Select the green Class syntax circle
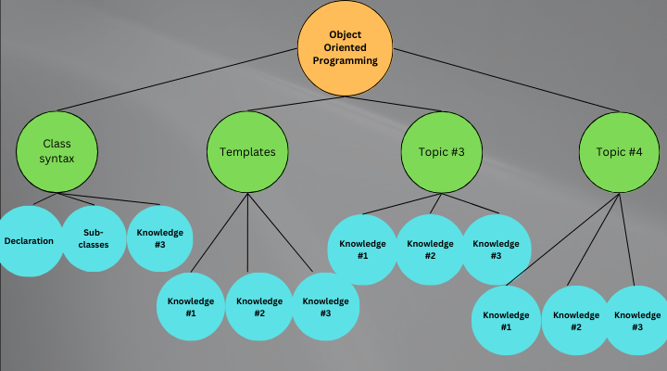click(57, 152)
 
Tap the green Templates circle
click(247, 152)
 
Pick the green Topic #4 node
click(618, 152)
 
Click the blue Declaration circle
click(29, 240)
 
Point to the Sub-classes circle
click(94, 238)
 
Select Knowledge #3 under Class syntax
click(160, 238)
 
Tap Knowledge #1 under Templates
click(191, 307)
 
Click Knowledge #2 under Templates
click(259, 307)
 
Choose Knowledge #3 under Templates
click(326, 307)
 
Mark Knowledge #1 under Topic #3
click(361, 249)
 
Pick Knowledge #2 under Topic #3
click(430, 249)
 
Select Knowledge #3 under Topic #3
click(497, 249)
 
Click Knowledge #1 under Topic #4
click(506, 321)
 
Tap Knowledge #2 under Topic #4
click(576, 321)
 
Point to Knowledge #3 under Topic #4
click(637, 321)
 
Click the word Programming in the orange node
click(346, 60)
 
